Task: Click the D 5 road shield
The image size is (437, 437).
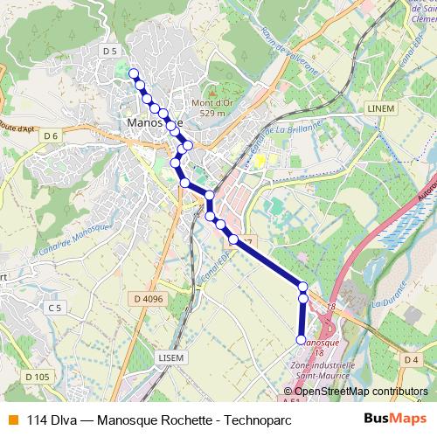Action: click(x=109, y=52)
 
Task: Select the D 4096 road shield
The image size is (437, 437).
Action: click(x=150, y=300)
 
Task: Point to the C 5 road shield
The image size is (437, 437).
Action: click(x=55, y=308)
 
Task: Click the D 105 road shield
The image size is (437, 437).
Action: click(x=37, y=377)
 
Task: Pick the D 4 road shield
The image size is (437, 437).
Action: click(x=413, y=359)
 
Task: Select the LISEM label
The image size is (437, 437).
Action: click(x=171, y=357)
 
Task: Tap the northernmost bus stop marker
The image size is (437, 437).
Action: click(x=133, y=73)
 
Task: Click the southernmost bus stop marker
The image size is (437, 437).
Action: click(x=302, y=339)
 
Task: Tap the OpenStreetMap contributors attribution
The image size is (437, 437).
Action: click(x=358, y=392)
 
